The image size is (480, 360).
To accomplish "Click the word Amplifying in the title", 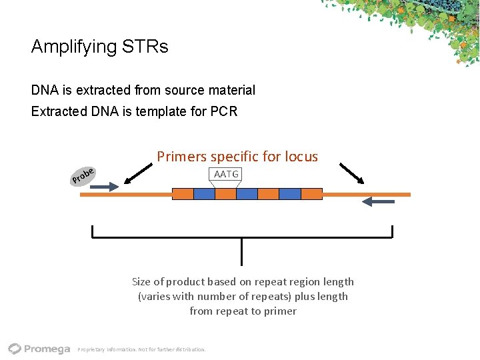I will coord(73,47).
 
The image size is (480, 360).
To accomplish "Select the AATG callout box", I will coord(226,175).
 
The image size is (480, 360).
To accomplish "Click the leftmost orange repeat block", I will coord(183,194).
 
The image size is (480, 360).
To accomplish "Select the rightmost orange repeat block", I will coord(311,194).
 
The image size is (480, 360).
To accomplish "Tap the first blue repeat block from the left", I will coord(204,194).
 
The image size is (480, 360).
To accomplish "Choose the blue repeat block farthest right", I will coord(290,194).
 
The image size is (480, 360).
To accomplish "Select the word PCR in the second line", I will coord(224,111).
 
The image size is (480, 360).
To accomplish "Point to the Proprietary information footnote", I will coord(141,349).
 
